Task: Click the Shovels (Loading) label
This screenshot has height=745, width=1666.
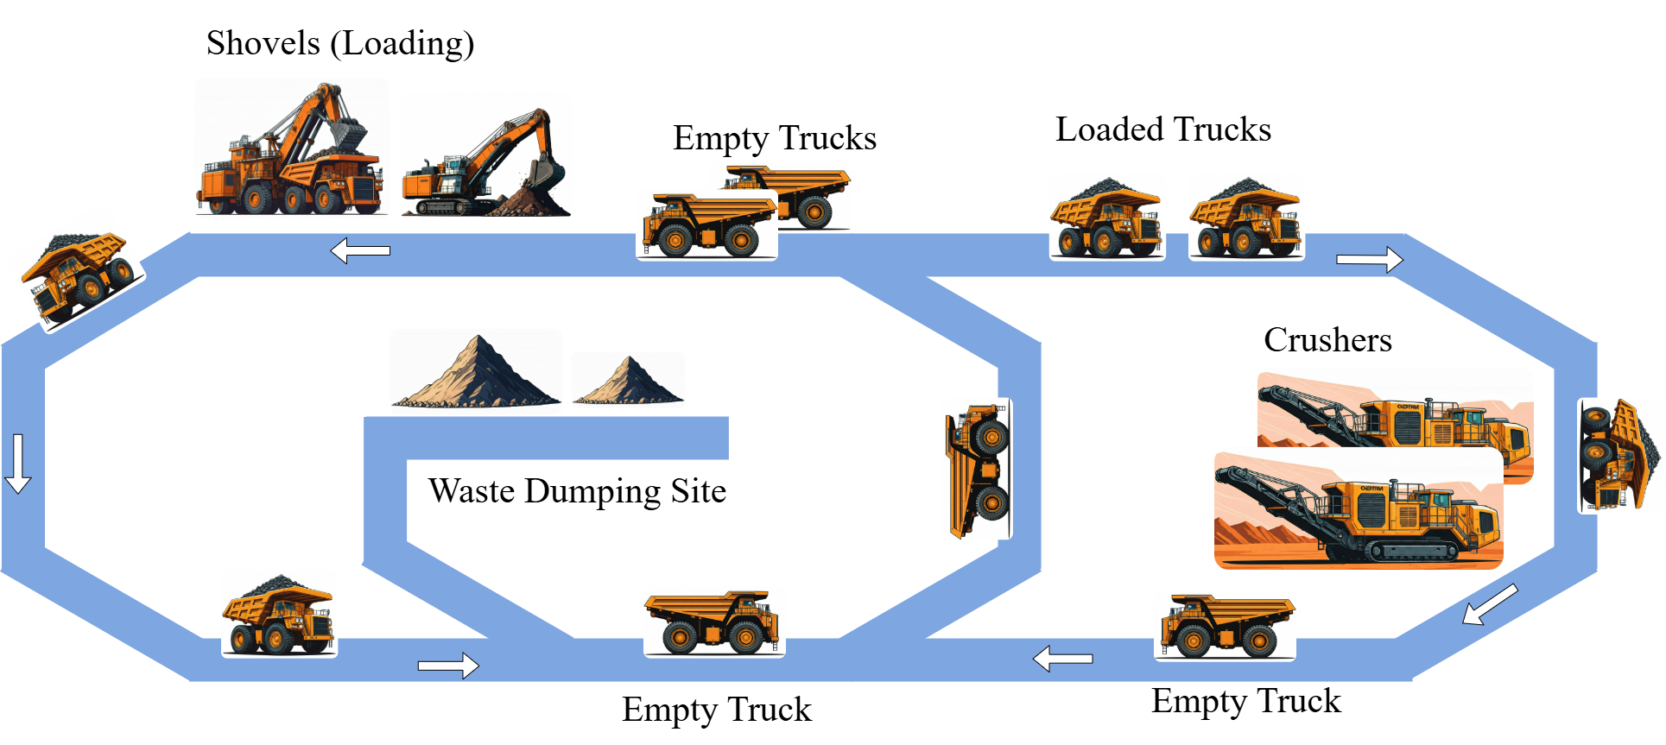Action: point(340,43)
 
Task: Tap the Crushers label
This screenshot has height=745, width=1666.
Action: point(1327,340)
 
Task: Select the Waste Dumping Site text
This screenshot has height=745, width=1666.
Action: point(577,491)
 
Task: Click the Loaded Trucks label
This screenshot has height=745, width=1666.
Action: point(1162,129)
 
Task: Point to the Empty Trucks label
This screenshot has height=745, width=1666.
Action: point(774,138)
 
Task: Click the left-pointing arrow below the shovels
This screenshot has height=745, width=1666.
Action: point(361,250)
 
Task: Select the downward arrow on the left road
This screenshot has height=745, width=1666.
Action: point(18,464)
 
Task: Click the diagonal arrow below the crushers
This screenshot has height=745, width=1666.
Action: point(1490,603)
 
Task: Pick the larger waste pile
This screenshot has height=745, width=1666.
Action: point(476,372)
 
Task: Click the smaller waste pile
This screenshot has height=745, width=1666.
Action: point(628,381)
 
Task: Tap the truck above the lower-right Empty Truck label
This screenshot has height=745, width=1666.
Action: point(1226,626)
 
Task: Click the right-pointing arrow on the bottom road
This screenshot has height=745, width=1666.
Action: point(447,666)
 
